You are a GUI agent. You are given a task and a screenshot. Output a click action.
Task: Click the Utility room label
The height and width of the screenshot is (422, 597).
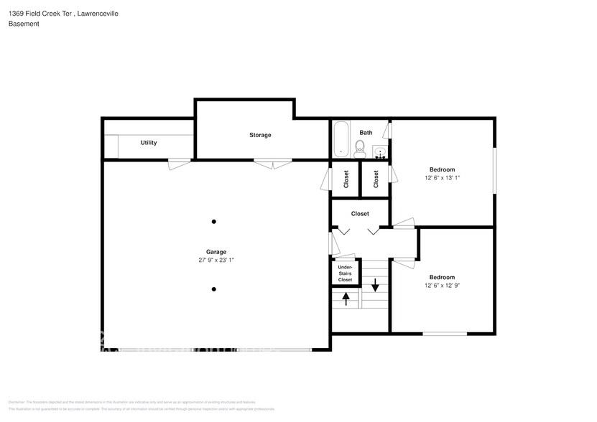click(149, 143)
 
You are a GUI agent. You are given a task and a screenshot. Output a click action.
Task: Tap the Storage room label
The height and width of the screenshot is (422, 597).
click(260, 135)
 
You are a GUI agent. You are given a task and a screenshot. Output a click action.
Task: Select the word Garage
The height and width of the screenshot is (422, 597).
click(216, 252)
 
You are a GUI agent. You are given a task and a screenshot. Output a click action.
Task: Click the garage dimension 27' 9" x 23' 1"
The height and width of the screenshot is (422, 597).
click(216, 261)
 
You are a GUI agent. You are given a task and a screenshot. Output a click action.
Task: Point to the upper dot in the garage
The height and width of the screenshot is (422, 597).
click(213, 221)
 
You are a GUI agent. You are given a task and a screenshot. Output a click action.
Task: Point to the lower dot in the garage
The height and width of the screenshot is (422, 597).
click(213, 289)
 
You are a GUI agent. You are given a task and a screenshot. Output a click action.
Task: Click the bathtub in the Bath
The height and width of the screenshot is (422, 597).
click(341, 139)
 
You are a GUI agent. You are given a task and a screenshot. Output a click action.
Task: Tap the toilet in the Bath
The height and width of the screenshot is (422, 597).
click(360, 149)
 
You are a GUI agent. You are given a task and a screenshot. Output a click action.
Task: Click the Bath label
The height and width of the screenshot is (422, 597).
click(366, 132)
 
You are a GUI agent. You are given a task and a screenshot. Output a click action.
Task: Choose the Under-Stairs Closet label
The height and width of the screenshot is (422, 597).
click(345, 273)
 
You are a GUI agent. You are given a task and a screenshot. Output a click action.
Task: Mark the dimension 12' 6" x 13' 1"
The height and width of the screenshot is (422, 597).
click(442, 179)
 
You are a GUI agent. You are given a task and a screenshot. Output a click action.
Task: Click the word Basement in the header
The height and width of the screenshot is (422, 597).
click(24, 24)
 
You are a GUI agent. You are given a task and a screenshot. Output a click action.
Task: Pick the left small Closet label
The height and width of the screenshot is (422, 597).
click(346, 179)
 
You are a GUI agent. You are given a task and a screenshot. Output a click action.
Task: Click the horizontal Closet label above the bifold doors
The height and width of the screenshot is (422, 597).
click(360, 214)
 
